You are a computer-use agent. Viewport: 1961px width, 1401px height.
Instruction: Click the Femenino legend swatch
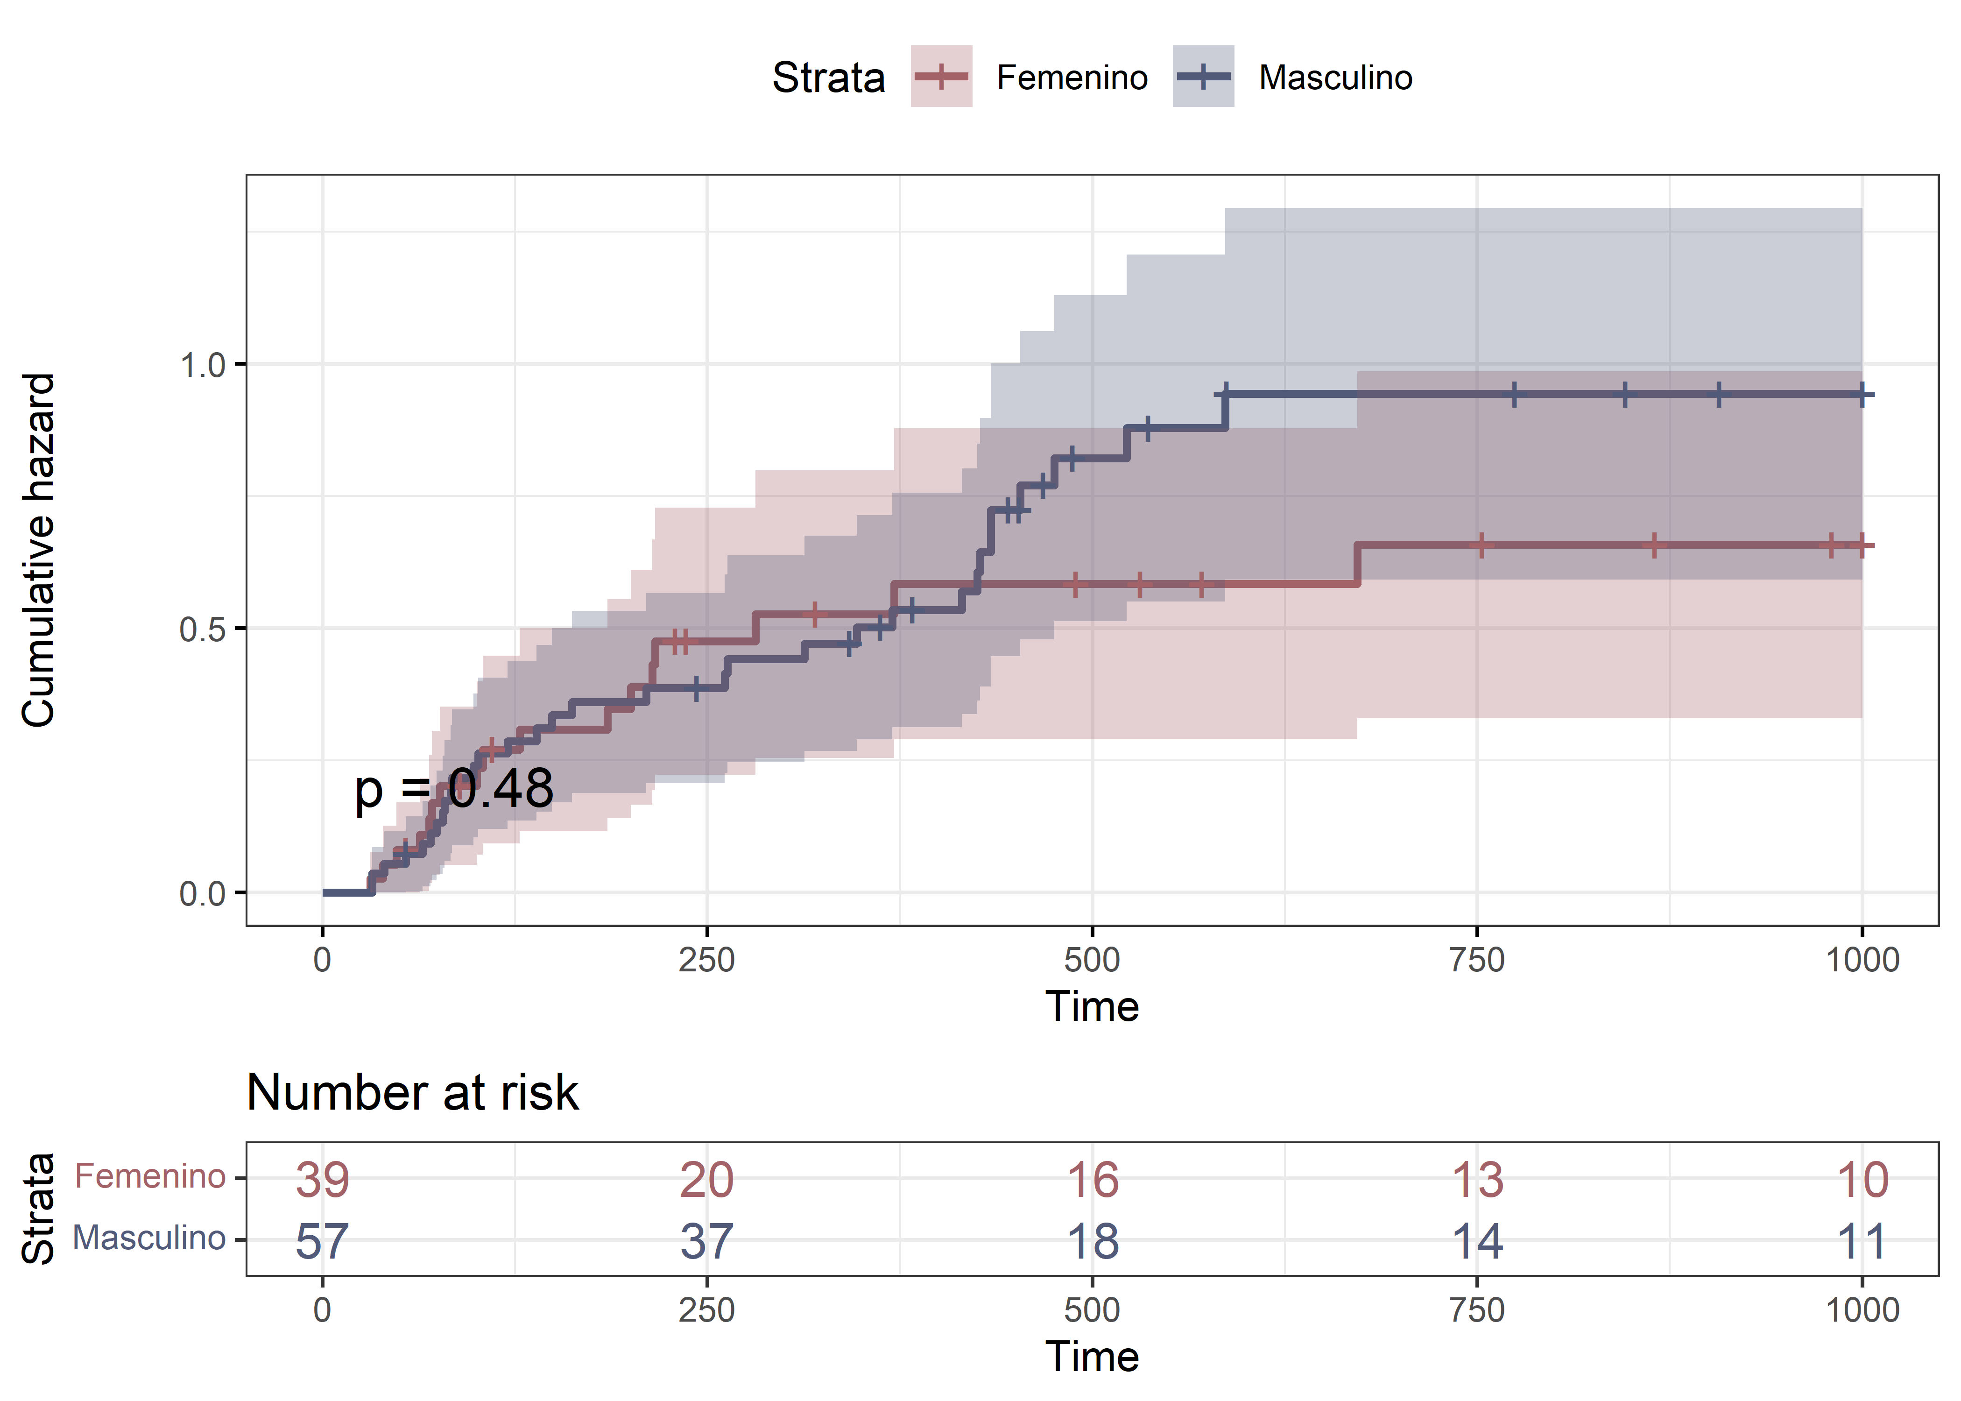[x=941, y=77]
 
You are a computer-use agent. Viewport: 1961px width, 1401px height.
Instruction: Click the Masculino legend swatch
[x=1203, y=77]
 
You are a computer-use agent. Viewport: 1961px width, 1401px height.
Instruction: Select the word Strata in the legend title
[x=828, y=78]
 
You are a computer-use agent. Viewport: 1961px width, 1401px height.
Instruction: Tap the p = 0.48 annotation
[x=454, y=788]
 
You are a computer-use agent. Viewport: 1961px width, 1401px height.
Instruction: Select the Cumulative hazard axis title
[x=39, y=551]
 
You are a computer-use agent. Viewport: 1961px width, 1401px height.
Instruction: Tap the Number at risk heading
[x=412, y=1093]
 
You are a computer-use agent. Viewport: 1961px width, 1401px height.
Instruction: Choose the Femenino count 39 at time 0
[x=323, y=1179]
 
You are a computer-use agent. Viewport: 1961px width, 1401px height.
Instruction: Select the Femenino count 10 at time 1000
[x=1862, y=1179]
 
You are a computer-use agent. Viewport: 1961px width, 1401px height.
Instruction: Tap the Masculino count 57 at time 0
[x=323, y=1241]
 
